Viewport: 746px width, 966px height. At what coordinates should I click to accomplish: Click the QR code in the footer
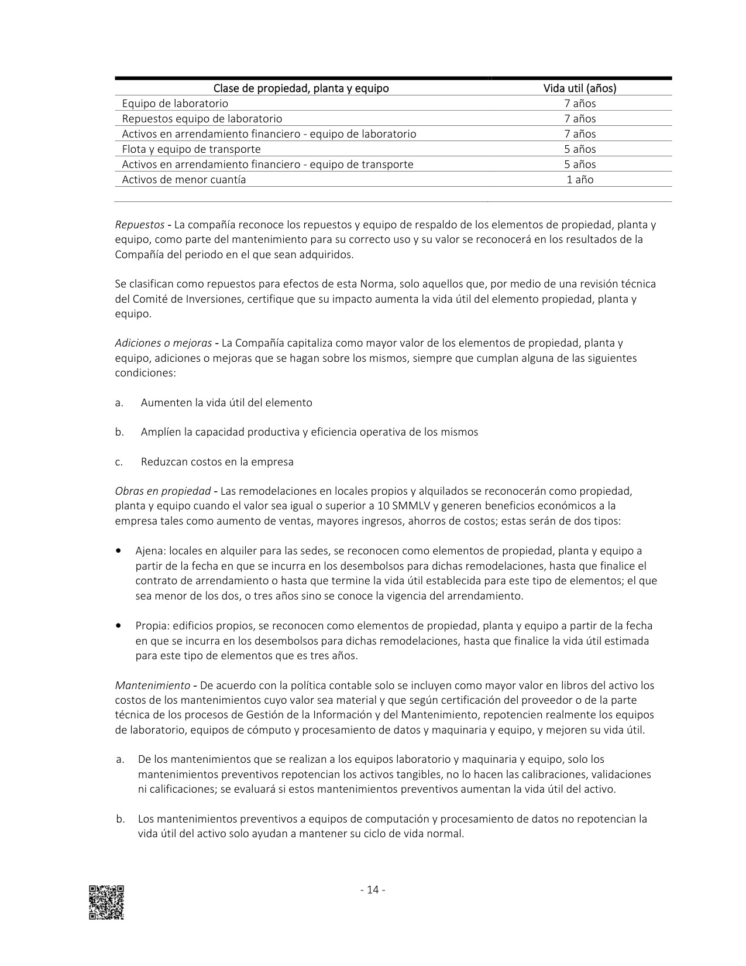[106, 902]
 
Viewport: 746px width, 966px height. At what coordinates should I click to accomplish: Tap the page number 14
[372, 890]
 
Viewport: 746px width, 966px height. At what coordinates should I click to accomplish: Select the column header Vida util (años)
[580, 88]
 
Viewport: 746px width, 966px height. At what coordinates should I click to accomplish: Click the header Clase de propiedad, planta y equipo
[301, 88]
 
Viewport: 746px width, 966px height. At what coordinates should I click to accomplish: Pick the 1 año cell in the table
[580, 180]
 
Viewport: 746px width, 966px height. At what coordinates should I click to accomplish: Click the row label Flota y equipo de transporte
[191, 149]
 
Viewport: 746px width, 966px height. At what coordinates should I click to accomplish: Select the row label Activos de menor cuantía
[184, 180]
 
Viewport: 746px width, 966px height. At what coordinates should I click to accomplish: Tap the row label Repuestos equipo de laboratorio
[202, 119]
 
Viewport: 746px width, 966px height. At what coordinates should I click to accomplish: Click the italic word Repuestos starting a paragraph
[139, 225]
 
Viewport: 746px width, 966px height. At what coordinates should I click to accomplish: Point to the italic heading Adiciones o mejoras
[163, 343]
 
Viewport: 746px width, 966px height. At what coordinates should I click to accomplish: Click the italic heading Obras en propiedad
[163, 491]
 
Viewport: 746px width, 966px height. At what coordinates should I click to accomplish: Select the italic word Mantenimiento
[152, 685]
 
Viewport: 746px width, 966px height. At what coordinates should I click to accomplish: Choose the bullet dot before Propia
[119, 625]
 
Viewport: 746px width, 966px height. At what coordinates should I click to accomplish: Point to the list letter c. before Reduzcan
[119, 462]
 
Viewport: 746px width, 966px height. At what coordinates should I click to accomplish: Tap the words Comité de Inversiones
[170, 299]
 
